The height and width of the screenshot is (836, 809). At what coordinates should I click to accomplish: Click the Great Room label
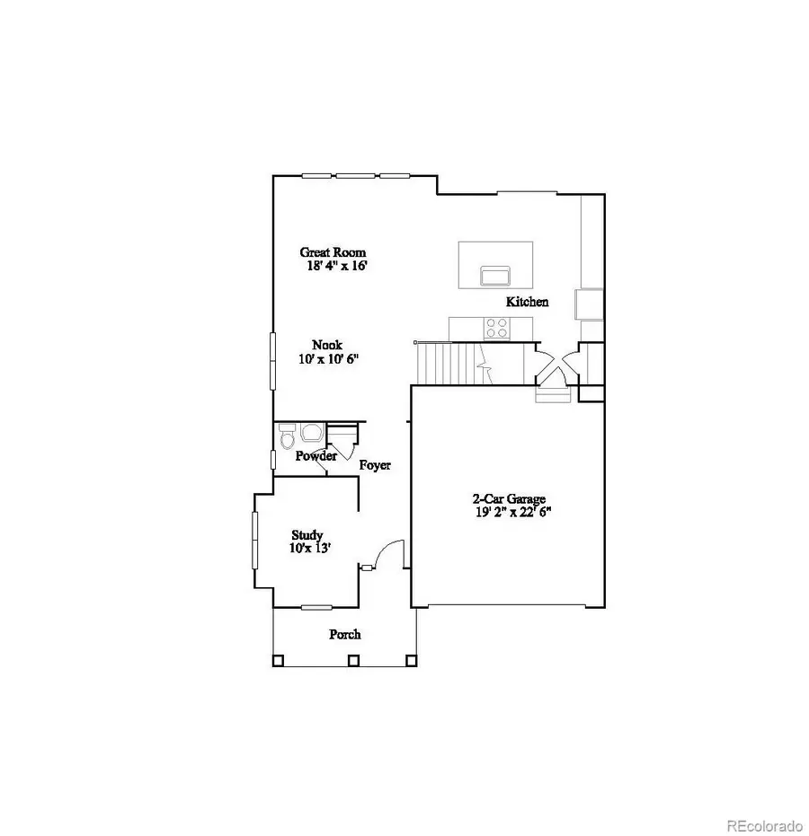[x=333, y=252]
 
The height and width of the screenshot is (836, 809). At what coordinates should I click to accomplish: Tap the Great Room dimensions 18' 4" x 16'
[x=335, y=266]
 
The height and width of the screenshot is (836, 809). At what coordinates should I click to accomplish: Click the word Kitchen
[x=527, y=302]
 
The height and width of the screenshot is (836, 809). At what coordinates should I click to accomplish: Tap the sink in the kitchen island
[x=495, y=274]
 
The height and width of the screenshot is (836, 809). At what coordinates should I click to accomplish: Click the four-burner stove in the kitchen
[x=496, y=328]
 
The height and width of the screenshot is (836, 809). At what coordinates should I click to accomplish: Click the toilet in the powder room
[x=287, y=437]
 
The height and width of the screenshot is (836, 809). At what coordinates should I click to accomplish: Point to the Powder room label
[x=316, y=456]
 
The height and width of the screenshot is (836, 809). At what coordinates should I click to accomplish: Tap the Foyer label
[x=374, y=465]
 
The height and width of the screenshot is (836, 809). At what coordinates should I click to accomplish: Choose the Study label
[x=307, y=535]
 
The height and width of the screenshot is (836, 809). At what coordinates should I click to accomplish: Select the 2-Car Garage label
[x=510, y=499]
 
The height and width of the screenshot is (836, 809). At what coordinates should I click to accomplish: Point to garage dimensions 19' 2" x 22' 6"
[x=511, y=513]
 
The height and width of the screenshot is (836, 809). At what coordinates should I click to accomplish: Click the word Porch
[x=344, y=634]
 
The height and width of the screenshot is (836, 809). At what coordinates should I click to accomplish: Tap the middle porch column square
[x=353, y=661]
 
